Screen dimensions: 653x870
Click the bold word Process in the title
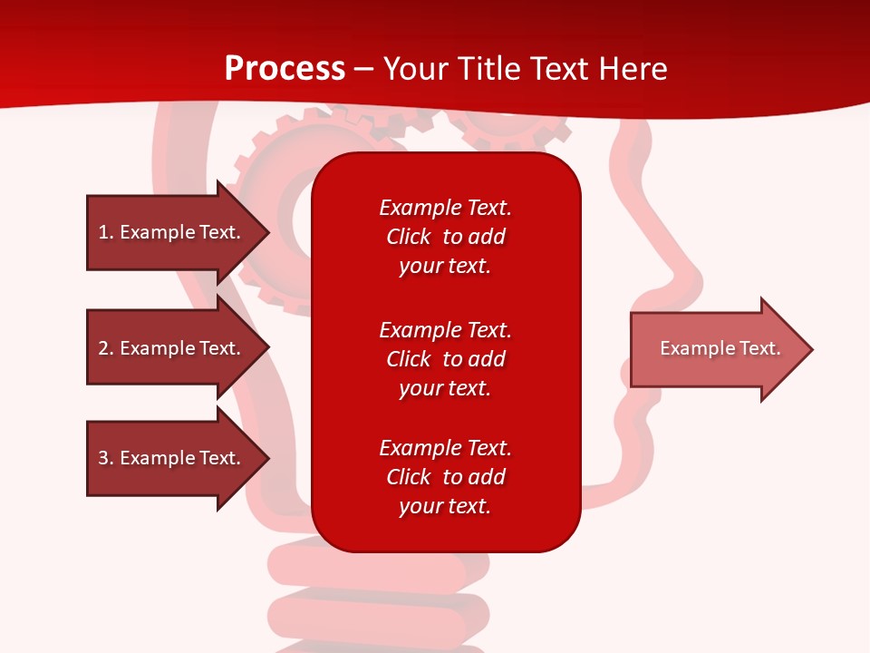285,68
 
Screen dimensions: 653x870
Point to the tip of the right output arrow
810,349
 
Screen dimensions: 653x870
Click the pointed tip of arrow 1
266,232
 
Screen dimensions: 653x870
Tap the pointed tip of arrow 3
266,458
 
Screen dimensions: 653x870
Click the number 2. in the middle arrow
105,348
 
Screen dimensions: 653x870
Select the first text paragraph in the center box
445,237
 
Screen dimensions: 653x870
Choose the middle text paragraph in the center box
445,359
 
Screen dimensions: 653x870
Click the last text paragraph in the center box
445,477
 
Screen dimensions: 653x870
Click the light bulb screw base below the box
381,599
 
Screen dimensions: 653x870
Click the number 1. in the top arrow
105,232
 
